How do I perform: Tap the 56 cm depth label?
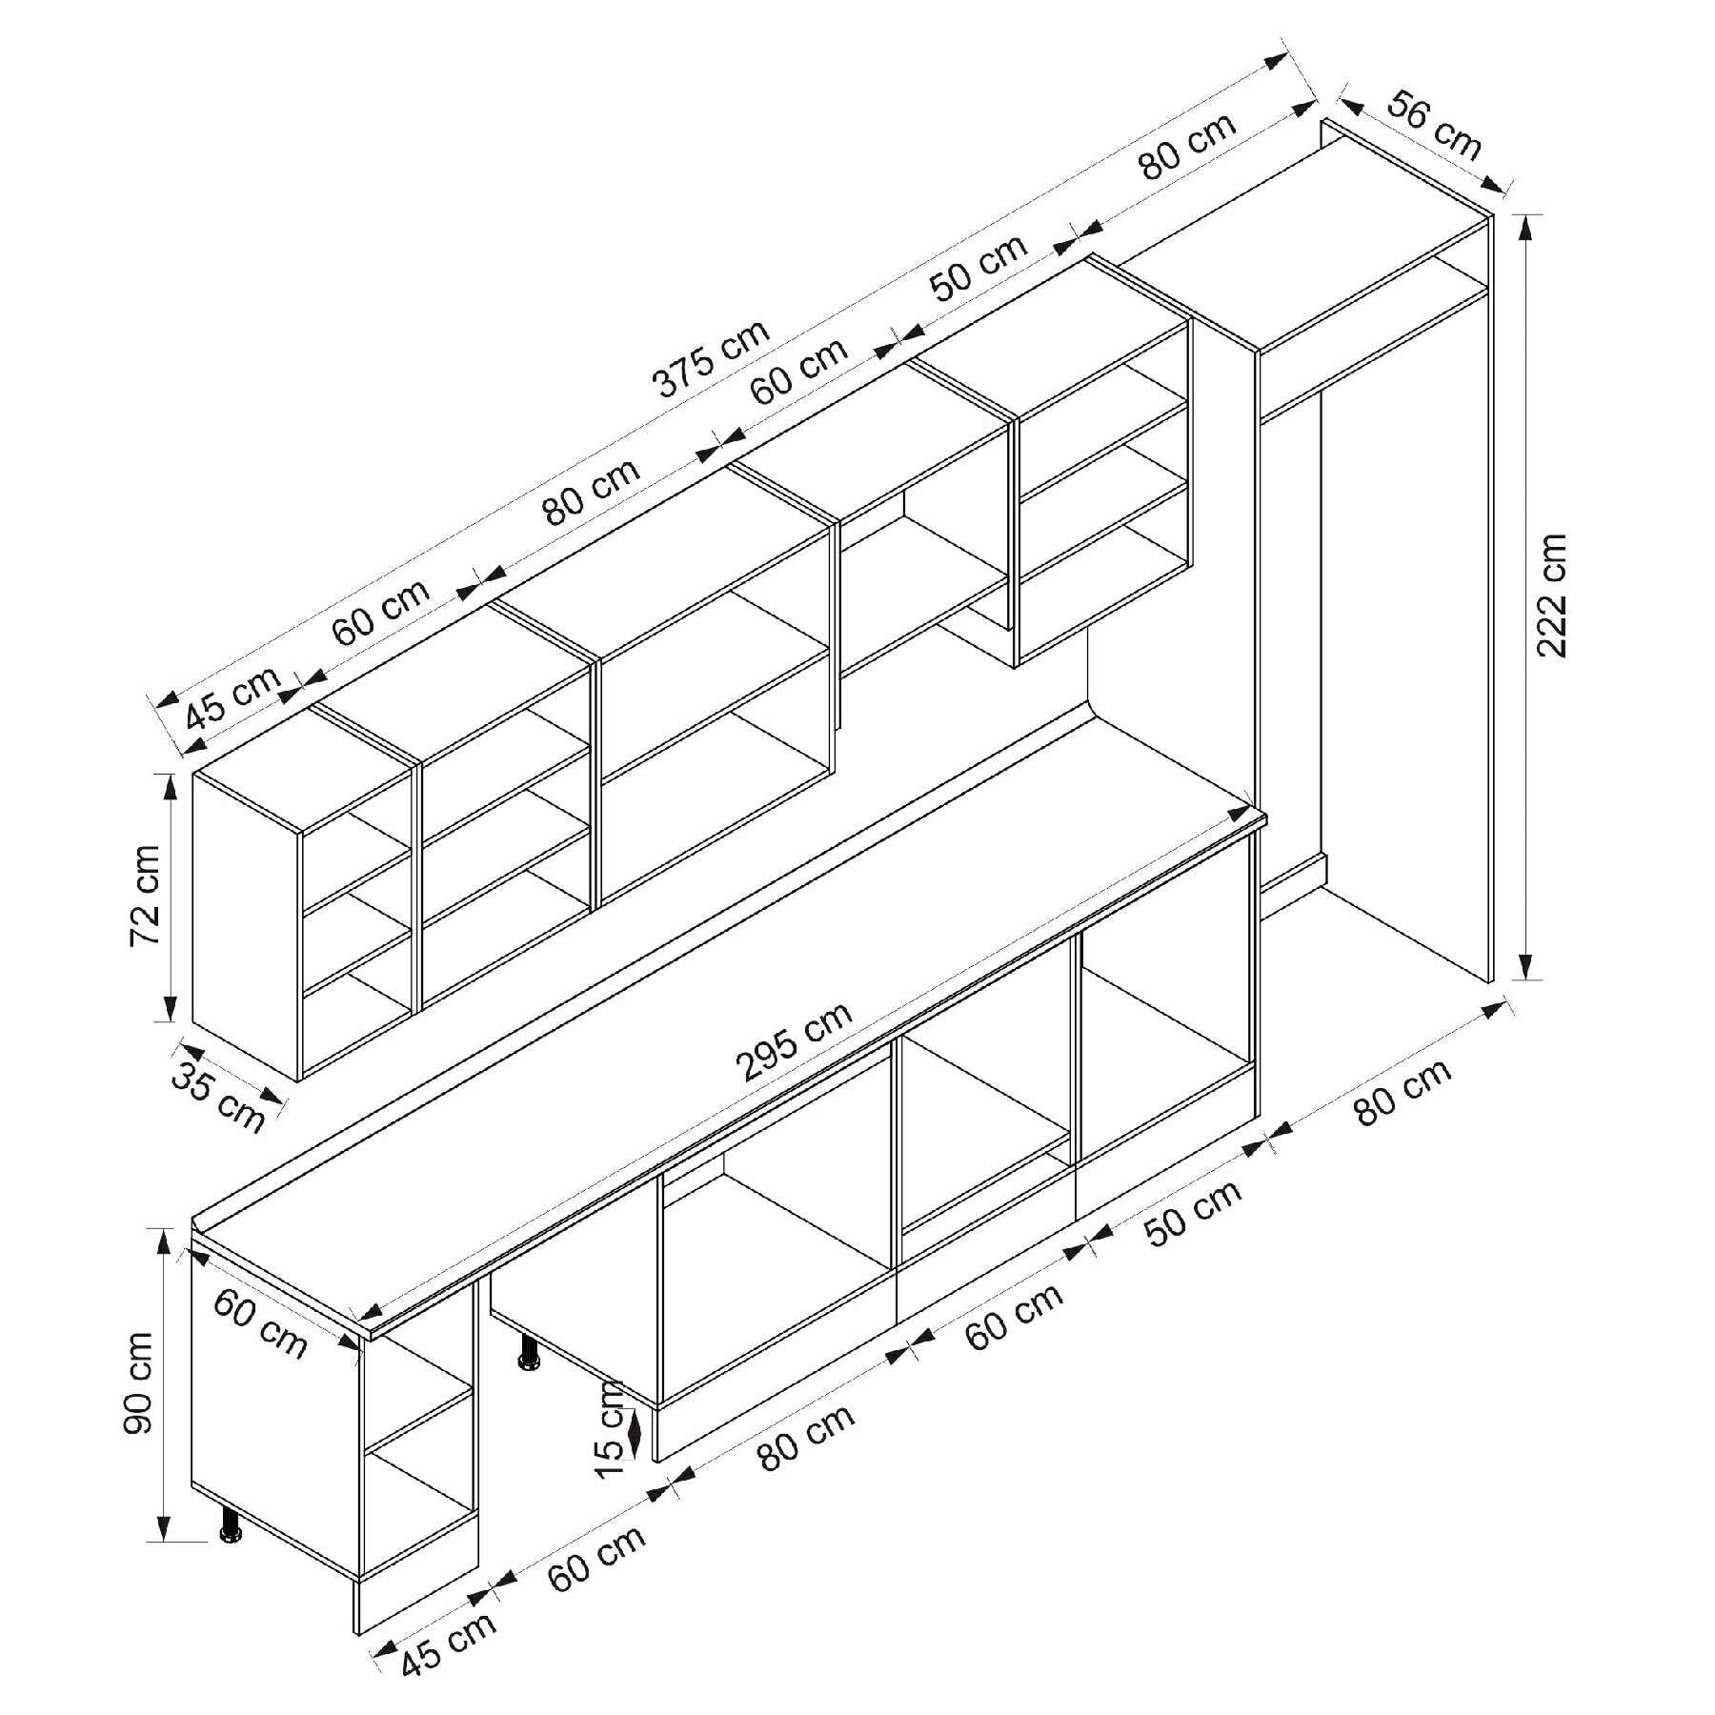[1434, 125]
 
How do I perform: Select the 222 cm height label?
[1551, 595]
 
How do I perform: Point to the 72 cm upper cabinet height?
[145, 896]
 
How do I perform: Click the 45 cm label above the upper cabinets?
[232, 696]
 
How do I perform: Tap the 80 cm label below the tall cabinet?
[1402, 1092]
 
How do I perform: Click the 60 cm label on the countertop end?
[259, 1323]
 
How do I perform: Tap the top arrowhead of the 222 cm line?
[1525, 230]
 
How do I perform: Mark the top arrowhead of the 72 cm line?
[171, 787]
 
